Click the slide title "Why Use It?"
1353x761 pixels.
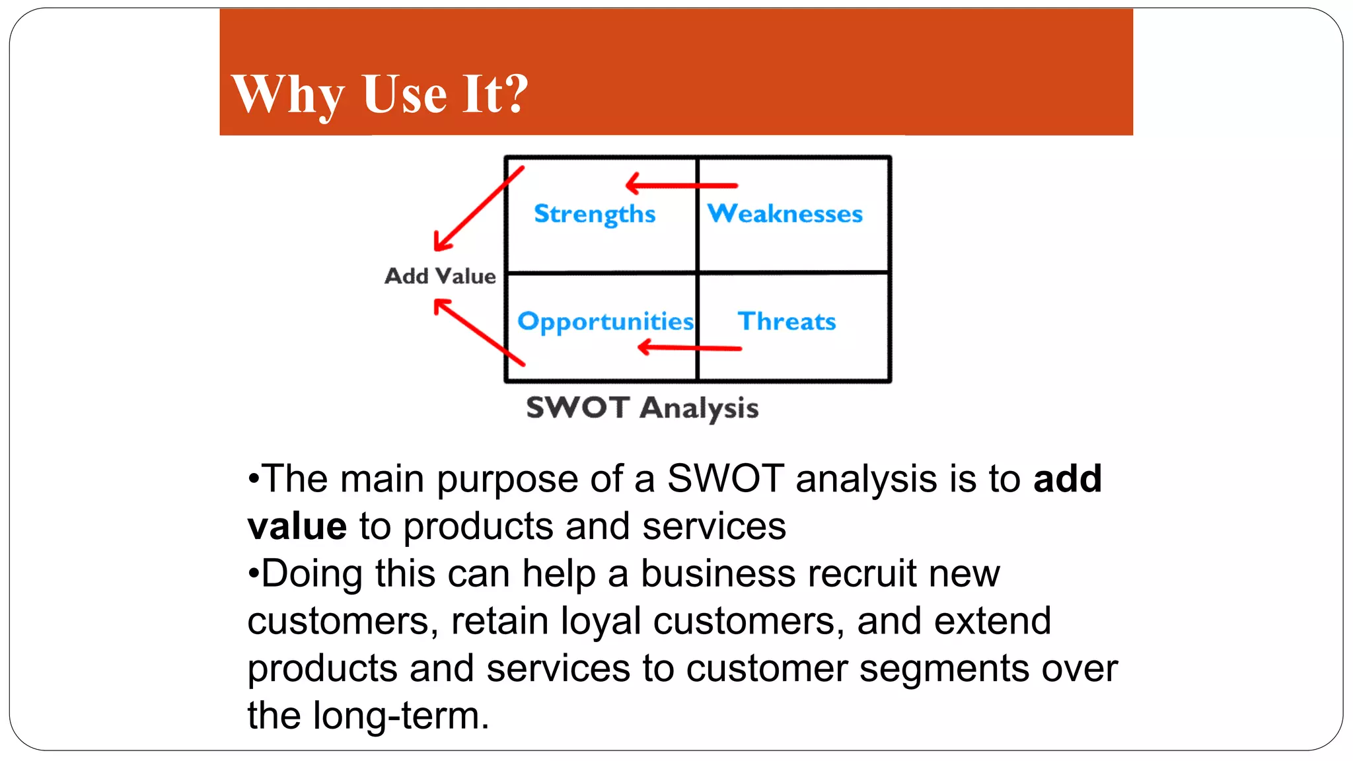coord(380,94)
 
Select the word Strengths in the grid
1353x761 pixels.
coord(595,214)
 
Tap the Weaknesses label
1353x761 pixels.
coord(785,213)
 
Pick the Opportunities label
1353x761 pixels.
coord(605,322)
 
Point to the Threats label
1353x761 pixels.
coord(786,321)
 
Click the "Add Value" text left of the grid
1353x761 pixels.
coord(440,275)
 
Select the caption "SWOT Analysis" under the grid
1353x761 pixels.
coord(642,408)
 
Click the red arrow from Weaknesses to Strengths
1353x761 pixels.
coord(680,184)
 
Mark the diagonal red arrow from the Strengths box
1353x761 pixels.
coord(479,209)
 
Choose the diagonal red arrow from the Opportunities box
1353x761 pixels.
coord(479,332)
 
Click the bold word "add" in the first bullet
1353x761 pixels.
coord(1067,478)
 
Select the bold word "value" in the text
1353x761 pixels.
coord(297,526)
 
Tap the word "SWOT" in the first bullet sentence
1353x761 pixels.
coord(725,478)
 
